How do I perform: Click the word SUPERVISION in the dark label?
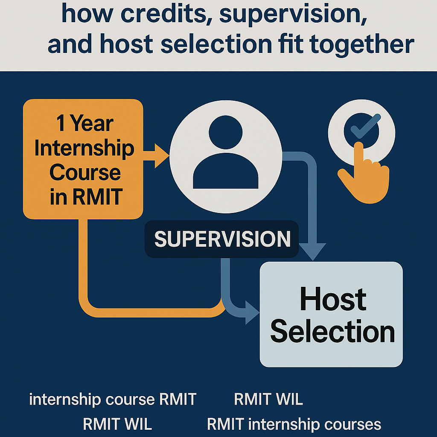pos(222,239)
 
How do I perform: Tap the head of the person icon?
pos(225,132)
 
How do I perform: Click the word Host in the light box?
pos(333,299)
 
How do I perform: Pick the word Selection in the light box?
pos(332,331)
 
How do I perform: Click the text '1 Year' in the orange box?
pos(85,123)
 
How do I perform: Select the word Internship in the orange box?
pos(84,149)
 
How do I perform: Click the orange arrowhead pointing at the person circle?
pos(162,156)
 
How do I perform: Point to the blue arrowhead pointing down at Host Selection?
pos(312,252)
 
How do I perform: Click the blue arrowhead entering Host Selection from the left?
pos(252,312)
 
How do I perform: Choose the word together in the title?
pos(362,44)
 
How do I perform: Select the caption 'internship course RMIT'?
pos(113,399)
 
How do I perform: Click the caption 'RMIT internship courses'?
pos(294,424)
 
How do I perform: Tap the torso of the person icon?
pos(225,171)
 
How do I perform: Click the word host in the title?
pos(126,44)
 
